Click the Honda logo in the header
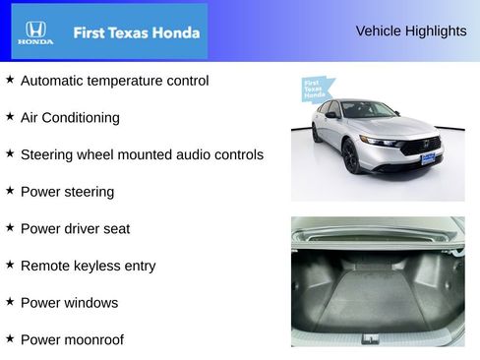[x=35, y=32]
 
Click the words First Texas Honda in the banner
[x=136, y=32]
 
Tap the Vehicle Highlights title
[x=411, y=30]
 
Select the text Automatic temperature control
[x=114, y=81]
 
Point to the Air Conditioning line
[x=70, y=118]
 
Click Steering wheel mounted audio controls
[x=142, y=154]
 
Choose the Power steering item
[x=67, y=192]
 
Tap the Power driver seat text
[x=75, y=229]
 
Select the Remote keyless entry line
[x=88, y=266]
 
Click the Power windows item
[x=69, y=303]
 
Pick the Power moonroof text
[x=72, y=340]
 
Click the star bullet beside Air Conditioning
[x=10, y=116]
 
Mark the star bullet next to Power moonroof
[x=10, y=338]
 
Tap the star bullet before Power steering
[x=10, y=190]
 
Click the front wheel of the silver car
[x=351, y=156]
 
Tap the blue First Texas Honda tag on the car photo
[x=315, y=89]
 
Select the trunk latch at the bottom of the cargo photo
[x=369, y=338]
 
